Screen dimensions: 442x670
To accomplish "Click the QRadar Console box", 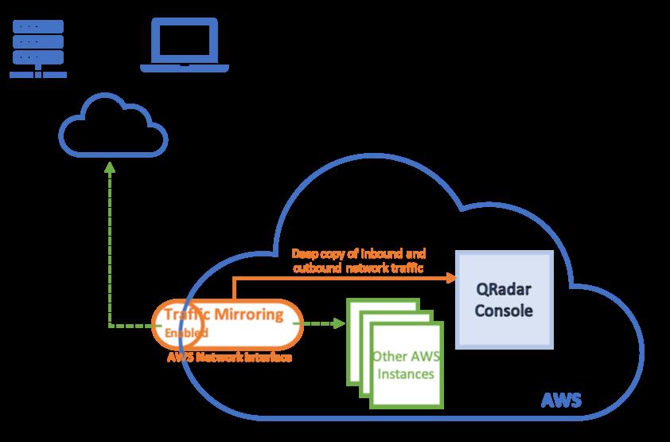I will (x=504, y=299).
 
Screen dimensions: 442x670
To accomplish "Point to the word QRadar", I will (x=504, y=289).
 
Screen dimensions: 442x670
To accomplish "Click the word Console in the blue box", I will (x=504, y=310).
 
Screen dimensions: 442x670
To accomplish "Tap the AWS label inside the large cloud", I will (x=560, y=399).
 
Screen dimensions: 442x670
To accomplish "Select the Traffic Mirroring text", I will (x=224, y=315).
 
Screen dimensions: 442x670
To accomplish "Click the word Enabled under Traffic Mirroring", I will (x=187, y=332).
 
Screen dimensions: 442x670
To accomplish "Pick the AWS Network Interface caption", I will (x=230, y=358).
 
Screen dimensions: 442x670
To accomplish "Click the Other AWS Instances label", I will (x=403, y=365).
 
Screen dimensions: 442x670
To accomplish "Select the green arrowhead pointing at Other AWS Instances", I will (x=340, y=324).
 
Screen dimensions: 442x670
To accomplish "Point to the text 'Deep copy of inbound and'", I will (x=359, y=254).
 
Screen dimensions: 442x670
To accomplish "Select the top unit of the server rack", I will (x=38, y=26).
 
